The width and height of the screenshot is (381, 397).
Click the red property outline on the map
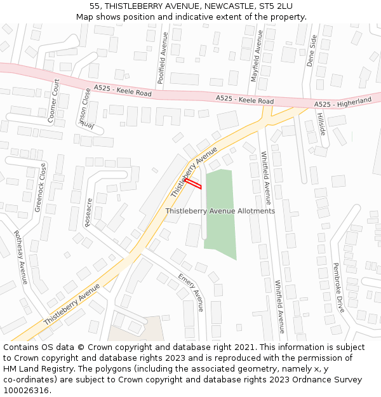pyautogui.click(x=193, y=184)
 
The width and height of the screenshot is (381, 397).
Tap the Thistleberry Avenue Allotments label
pyautogui.click(x=220, y=211)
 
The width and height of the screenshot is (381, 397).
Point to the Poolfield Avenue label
pyautogui.click(x=163, y=58)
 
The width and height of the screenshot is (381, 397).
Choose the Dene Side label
pyautogui.click(x=311, y=50)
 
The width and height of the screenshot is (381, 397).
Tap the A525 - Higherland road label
pyautogui.click(x=343, y=102)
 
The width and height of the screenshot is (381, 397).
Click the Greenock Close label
pyautogui.click(x=40, y=187)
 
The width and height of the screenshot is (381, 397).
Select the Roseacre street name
pyautogui.click(x=89, y=212)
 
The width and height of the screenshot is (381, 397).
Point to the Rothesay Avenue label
pyautogui.click(x=21, y=257)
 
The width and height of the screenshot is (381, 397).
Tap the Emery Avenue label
pyautogui.click(x=190, y=292)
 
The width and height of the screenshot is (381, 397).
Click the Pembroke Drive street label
pyautogui.click(x=339, y=288)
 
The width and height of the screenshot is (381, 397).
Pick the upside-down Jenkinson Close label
pyautogui.click(x=84, y=110)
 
